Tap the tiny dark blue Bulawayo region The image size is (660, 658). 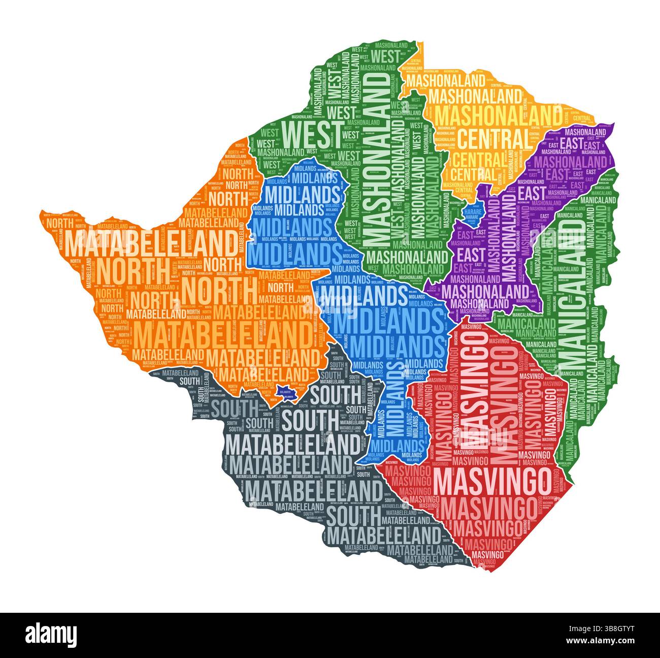286,392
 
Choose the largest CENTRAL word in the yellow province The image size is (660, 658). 493,138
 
